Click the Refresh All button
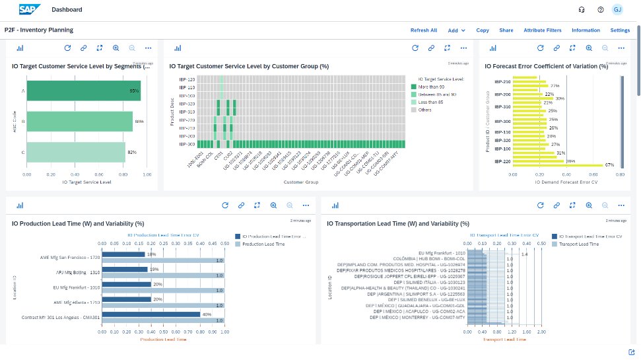coord(423,30)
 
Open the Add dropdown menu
coord(456,30)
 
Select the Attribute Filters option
coord(542,30)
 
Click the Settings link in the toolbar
coord(619,30)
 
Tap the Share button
coord(506,30)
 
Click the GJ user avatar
coord(617,10)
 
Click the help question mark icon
coord(600,10)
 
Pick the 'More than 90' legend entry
coord(433,87)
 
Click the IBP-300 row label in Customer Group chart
coord(186,144)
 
